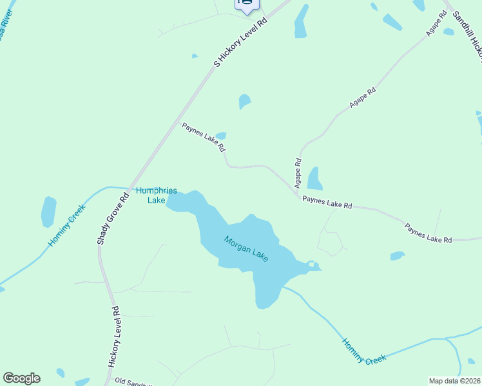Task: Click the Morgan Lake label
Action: (x=246, y=249)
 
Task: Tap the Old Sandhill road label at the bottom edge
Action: (x=133, y=381)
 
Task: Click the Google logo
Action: (x=21, y=378)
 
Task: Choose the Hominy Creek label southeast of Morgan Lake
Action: (x=364, y=352)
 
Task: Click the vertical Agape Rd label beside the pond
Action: (x=298, y=173)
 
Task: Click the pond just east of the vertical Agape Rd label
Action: (x=314, y=179)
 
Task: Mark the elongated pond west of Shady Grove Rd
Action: (x=48, y=211)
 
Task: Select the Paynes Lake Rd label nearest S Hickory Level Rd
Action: (x=204, y=136)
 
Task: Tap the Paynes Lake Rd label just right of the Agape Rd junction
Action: (x=327, y=203)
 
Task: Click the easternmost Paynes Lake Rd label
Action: (x=428, y=232)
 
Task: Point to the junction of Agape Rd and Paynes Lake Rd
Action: (x=299, y=196)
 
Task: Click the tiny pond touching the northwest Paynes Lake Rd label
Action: (x=221, y=136)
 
